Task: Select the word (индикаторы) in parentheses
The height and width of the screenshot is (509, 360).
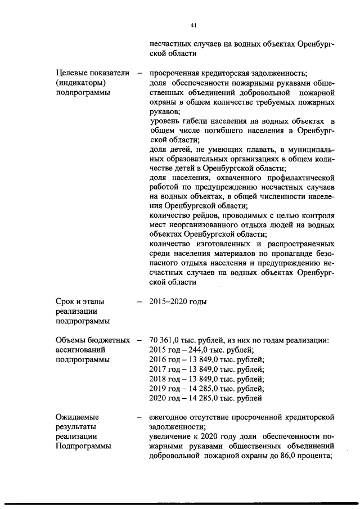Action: pyautogui.click(x=78, y=83)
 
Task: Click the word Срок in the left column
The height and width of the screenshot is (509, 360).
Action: pyautogui.click(x=65, y=302)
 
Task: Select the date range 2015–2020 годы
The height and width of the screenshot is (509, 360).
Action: pyautogui.click(x=178, y=302)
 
